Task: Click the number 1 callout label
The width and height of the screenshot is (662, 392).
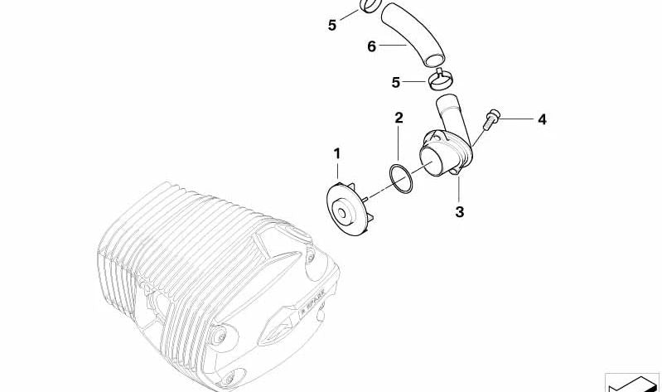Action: coord(337,153)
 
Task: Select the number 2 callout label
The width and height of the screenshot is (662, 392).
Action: coord(399,118)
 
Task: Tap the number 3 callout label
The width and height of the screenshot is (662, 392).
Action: coord(459,212)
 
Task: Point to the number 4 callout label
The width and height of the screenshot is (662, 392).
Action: coord(542,120)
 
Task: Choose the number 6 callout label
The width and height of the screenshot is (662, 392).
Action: coord(372,46)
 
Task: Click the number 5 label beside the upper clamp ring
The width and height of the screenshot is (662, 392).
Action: coord(332,25)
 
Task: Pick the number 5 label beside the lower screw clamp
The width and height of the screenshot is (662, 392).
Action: coord(397,82)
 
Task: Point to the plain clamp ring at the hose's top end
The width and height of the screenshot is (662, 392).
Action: coord(370,7)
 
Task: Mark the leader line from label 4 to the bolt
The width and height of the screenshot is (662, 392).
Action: coord(517,120)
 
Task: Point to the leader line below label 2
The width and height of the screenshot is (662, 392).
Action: coord(399,145)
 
